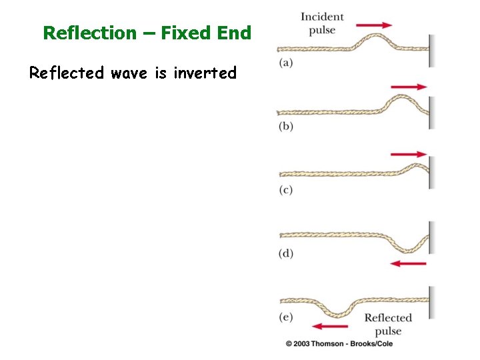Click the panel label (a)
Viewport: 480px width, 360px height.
coord(285,63)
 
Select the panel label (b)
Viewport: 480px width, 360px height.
coord(285,127)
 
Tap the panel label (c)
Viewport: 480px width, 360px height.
coord(285,190)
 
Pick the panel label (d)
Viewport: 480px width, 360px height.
coord(285,253)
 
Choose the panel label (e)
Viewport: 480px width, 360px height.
coord(285,317)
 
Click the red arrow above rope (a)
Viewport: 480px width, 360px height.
coord(375,25)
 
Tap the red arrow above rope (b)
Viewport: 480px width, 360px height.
coord(409,87)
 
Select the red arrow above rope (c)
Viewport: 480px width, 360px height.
coord(409,154)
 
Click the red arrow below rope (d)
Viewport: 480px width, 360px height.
coord(408,263)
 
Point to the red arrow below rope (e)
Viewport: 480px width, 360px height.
coord(329,326)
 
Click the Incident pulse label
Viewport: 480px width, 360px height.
coord(322,23)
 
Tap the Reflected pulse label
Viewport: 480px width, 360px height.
coord(388,324)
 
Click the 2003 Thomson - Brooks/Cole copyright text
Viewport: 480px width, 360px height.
coord(339,343)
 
